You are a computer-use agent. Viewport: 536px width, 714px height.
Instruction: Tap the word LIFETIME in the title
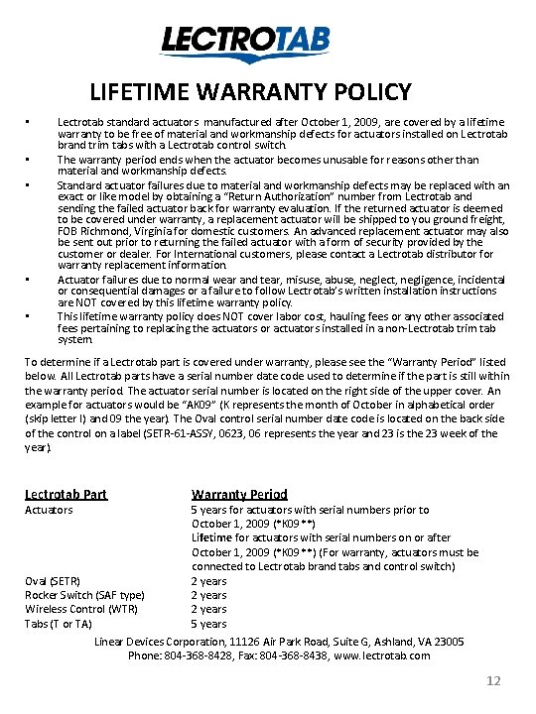[136, 93]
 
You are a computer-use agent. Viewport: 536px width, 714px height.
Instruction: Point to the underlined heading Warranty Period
[239, 494]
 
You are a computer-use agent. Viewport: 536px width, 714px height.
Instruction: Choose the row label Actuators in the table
[49, 510]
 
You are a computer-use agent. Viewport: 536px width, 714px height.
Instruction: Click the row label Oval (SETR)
[53, 580]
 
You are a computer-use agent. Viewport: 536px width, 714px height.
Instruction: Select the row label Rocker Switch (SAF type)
[84, 595]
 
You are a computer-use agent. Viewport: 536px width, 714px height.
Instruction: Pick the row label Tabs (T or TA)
[58, 624]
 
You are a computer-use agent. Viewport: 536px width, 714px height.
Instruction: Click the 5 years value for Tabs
[208, 624]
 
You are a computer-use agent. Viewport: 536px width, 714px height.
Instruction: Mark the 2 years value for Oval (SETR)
[208, 580]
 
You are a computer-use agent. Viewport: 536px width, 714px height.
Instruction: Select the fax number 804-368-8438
[285, 655]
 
